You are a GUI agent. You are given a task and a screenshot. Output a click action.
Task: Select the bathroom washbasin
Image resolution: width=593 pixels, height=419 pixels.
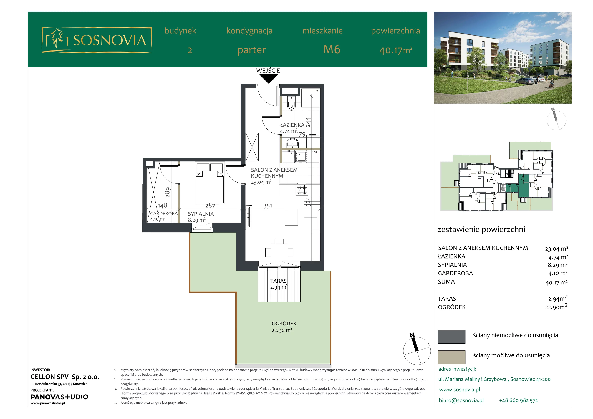click(292, 143)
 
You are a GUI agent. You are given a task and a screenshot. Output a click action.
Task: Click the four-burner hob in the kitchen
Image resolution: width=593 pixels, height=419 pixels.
click(302, 190)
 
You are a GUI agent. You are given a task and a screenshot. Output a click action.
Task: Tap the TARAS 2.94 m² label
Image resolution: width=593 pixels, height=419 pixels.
click(279, 284)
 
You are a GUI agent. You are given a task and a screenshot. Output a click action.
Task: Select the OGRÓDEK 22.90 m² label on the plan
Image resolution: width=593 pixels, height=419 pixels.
click(282, 327)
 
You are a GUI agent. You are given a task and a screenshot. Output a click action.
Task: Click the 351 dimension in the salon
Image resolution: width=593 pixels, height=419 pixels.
click(268, 206)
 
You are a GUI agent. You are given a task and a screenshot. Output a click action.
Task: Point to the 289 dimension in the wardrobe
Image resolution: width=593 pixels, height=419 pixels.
click(168, 192)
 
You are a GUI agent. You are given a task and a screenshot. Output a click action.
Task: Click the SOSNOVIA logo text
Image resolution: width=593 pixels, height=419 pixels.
click(110, 40)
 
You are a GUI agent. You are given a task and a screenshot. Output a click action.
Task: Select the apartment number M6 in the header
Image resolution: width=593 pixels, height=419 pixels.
click(332, 49)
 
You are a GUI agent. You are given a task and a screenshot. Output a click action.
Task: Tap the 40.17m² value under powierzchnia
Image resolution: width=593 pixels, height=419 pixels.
click(396, 50)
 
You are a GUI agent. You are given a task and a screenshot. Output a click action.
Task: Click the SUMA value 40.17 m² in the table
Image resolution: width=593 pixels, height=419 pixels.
click(556, 282)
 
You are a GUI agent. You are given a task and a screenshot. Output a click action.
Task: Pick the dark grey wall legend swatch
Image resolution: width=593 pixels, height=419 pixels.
click(451, 336)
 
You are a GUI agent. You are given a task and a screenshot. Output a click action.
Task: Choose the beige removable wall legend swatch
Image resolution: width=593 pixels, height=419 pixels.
click(451, 357)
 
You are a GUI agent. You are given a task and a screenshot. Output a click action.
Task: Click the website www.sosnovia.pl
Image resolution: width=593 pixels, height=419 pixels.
click(459, 390)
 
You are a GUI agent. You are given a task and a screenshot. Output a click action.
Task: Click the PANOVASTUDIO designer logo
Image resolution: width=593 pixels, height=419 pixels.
click(59, 397)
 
